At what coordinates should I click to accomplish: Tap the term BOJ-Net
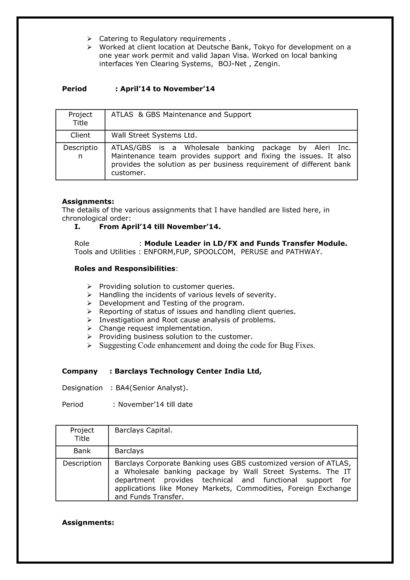[232, 64]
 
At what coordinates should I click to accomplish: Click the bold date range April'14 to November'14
[167, 89]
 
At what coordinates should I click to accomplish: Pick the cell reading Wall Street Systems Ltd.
[154, 135]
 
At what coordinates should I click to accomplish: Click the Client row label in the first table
[80, 135]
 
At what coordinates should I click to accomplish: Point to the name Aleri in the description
[322, 148]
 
